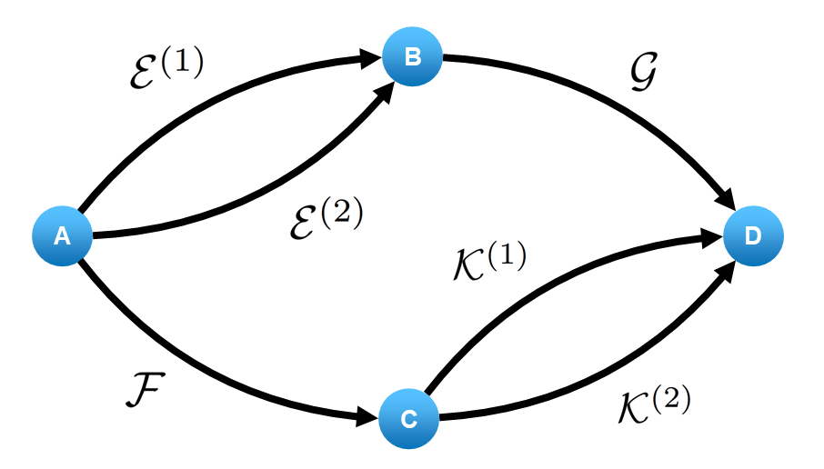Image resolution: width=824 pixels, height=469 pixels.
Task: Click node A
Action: (x=62, y=237)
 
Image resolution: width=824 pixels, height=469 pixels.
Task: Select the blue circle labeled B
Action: (x=412, y=57)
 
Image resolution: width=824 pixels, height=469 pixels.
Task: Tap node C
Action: (x=409, y=419)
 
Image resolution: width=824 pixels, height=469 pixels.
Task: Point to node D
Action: (x=753, y=237)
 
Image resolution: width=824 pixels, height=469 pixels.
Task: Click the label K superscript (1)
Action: (x=490, y=263)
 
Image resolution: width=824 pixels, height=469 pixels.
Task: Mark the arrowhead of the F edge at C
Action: (x=367, y=418)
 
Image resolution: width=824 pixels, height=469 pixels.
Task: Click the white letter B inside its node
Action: (x=412, y=57)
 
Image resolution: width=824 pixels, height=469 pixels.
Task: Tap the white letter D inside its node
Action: (x=753, y=237)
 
